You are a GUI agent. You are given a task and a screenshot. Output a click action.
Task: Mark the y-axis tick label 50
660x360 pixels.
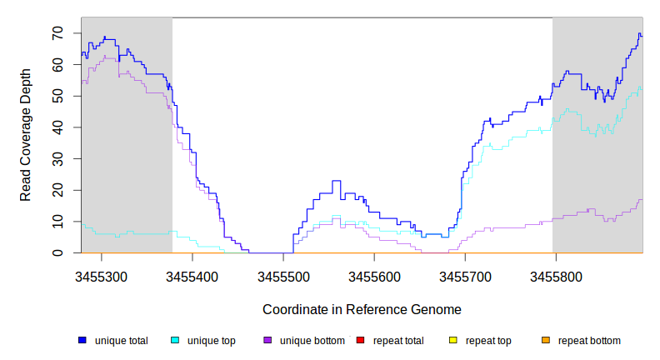tap(58, 97)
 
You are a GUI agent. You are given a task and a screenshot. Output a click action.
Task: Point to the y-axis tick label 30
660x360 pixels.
tap(58, 159)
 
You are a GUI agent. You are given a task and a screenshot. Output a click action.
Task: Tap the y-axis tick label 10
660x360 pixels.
tap(58, 222)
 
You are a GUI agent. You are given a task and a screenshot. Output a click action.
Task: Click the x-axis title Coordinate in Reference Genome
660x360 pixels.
tap(362, 309)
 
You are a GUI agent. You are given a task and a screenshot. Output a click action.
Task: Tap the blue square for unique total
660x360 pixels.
tap(82, 341)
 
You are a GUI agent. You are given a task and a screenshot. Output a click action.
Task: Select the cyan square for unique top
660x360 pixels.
tap(175, 341)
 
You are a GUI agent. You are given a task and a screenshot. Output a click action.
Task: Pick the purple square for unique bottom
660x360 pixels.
tap(267, 341)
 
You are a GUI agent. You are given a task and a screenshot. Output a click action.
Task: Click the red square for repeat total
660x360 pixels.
tap(360, 341)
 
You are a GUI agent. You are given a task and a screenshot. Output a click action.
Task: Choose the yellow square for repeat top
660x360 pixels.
tap(453, 341)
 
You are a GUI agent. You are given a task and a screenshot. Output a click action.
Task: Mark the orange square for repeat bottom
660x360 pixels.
tap(546, 341)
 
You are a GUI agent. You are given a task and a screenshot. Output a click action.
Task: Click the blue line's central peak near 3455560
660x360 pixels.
tap(337, 181)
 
